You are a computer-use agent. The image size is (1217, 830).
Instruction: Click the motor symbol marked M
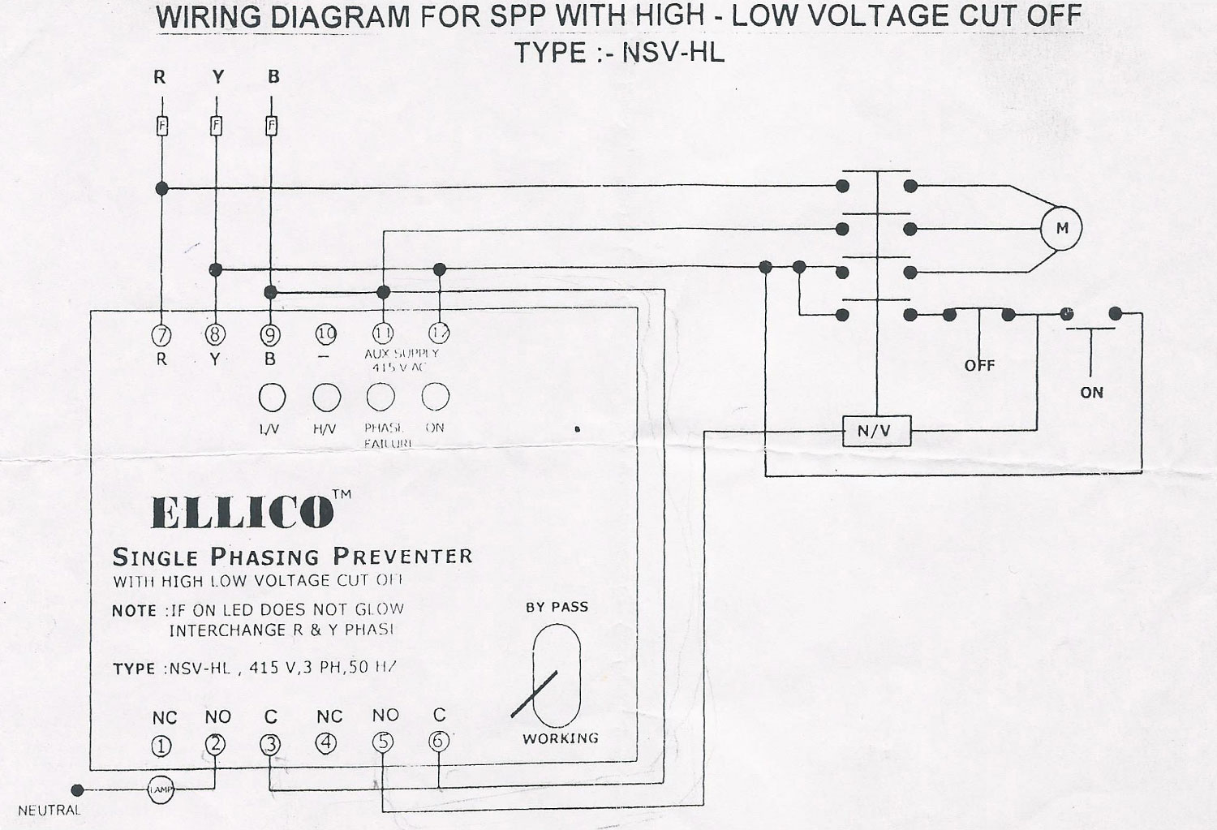click(1061, 228)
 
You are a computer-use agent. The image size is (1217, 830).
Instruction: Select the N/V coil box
click(875, 431)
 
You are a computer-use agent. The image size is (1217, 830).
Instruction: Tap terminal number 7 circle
click(161, 333)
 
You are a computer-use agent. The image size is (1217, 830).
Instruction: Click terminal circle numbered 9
click(270, 333)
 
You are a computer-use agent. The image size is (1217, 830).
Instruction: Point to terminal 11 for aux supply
click(382, 333)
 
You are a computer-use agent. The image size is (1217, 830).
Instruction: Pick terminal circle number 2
click(215, 744)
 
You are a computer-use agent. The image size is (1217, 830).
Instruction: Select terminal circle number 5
click(383, 742)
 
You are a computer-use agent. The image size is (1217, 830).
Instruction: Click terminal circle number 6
click(438, 740)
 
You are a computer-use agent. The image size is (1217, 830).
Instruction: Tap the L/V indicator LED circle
click(272, 398)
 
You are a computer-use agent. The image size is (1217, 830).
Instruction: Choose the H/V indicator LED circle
click(326, 398)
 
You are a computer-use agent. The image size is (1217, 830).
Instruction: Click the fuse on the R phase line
click(161, 126)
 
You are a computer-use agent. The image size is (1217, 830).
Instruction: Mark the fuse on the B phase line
click(271, 126)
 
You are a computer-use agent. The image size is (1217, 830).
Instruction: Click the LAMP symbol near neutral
click(161, 789)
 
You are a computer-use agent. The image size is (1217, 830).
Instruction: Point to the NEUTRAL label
click(49, 810)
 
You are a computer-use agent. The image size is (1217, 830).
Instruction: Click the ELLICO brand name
click(243, 512)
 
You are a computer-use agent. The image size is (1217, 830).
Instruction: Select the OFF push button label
click(979, 366)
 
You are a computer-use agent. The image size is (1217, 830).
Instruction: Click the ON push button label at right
click(1091, 393)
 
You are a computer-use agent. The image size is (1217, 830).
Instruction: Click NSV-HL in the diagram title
click(673, 54)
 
